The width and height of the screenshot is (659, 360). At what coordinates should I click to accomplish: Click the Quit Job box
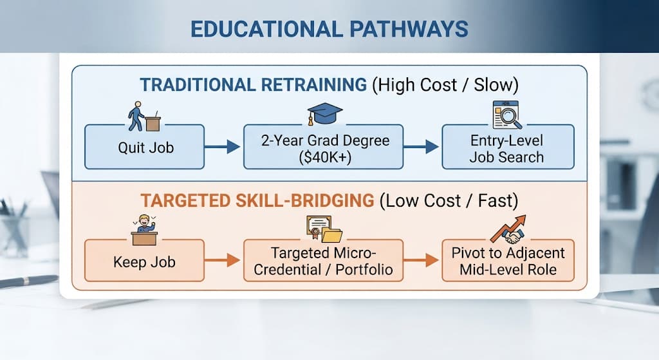point(145,147)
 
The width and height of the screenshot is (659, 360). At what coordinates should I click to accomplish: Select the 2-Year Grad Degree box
point(323,147)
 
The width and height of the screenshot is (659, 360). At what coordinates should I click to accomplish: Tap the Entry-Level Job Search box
point(508,147)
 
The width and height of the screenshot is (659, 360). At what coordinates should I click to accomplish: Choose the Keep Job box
point(145,261)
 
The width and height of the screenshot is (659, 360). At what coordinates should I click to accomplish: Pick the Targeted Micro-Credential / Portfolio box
point(323,261)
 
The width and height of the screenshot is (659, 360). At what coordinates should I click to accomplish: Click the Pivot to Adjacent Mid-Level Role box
point(508,261)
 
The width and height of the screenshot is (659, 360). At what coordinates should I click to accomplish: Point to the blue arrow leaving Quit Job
point(223,147)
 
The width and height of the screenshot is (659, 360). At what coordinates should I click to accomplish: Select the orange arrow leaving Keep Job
point(223,260)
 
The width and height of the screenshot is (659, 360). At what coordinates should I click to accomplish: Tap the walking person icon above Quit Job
point(136,116)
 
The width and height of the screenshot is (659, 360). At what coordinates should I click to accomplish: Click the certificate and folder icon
point(324,230)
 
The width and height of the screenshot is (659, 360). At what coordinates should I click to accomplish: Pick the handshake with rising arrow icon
point(508,230)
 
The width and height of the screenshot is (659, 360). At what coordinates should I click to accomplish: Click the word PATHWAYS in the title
point(409,30)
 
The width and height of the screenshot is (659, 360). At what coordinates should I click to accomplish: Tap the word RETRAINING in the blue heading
point(314,85)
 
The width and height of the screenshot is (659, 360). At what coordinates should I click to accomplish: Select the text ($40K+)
point(325,158)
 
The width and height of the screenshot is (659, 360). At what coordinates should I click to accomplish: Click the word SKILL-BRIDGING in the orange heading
point(304,200)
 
